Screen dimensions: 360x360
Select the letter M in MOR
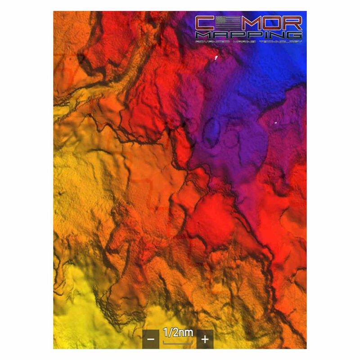click(247, 22)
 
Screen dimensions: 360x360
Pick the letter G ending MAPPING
click(295, 35)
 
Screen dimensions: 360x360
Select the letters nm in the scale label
click(187, 333)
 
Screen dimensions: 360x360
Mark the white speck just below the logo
click(216, 57)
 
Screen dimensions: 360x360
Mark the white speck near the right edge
click(275, 122)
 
